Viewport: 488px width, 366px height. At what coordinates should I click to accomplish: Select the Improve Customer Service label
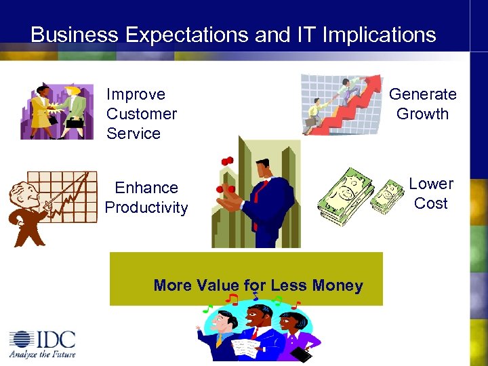(141, 114)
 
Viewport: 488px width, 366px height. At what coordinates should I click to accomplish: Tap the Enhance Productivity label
(146, 197)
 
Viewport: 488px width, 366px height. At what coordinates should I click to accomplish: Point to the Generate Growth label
(422, 104)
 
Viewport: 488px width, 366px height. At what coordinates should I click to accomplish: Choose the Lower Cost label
(430, 193)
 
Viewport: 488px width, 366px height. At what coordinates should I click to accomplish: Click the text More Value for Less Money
(258, 285)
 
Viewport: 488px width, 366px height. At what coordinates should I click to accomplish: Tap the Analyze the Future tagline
(42, 354)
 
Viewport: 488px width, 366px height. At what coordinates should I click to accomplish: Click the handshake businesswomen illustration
(57, 111)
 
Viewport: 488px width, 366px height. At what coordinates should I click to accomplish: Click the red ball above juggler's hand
(227, 161)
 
